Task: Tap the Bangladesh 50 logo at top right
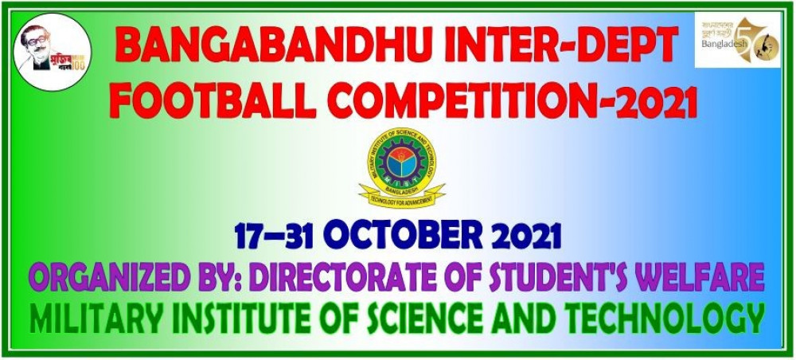click(x=736, y=41)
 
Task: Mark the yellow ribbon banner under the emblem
click(x=401, y=194)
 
